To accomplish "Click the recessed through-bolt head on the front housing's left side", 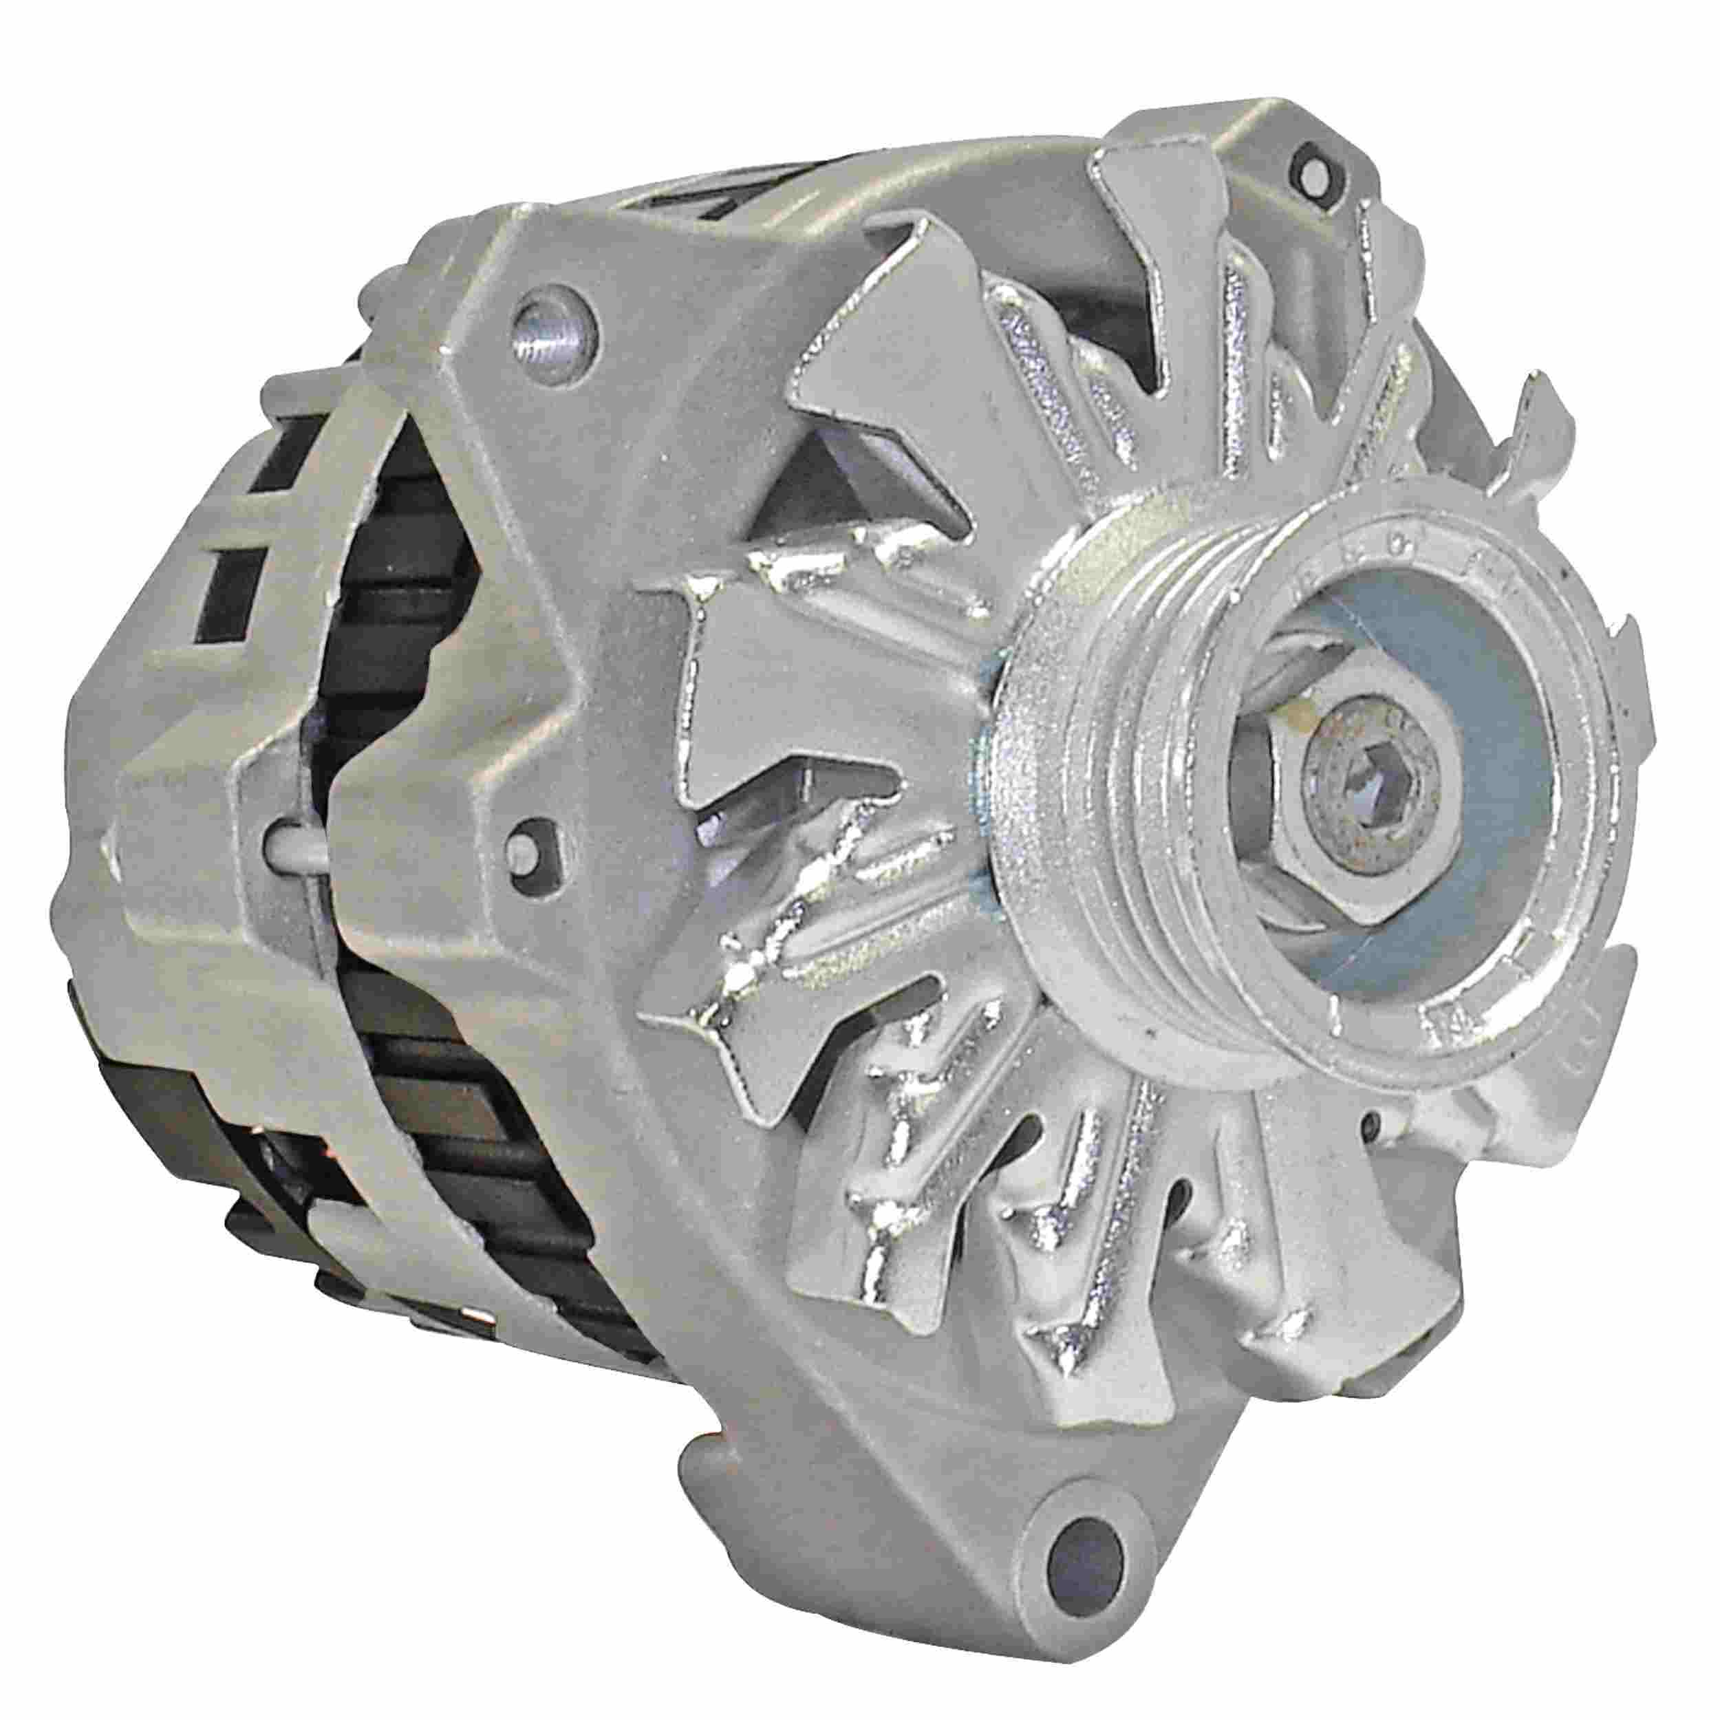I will coord(533,832).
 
